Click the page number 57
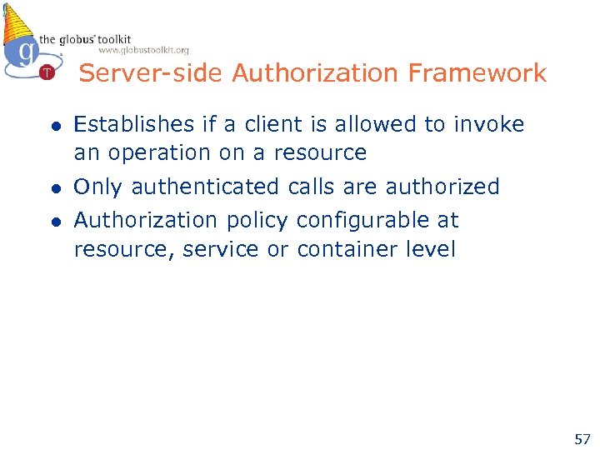tap(582, 438)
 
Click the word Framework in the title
tap(477, 73)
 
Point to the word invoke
tap(489, 125)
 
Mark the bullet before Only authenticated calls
tap(54, 188)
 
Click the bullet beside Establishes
tap(54, 127)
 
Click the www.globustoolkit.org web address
tap(143, 50)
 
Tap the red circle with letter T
tap(47, 72)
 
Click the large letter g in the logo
tap(26, 52)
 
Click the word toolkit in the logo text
tap(112, 38)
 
